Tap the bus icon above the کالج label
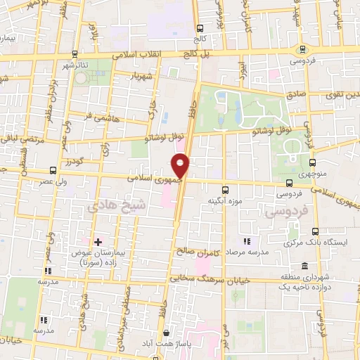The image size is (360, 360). tap(200, 29)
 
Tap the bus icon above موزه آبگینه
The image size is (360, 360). tap(225, 190)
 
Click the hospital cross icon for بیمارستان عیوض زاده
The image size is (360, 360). tap(98, 242)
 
